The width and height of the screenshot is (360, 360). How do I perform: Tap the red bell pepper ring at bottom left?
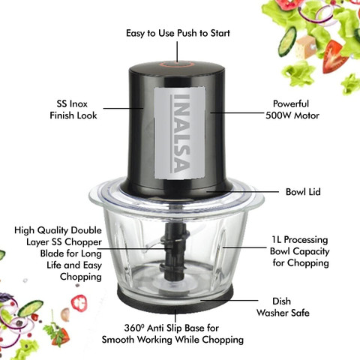pos(79,303)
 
